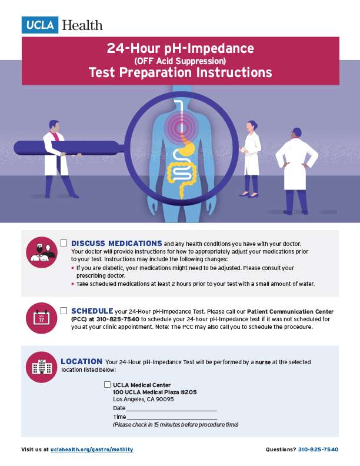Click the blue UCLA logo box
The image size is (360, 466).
[x=39, y=25]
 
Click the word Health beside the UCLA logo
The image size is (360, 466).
[x=82, y=25]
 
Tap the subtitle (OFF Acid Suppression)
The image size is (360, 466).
[x=180, y=60]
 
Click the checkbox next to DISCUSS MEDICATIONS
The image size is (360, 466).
[x=64, y=243]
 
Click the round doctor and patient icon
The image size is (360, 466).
[x=41, y=252]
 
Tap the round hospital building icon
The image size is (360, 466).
[x=41, y=368]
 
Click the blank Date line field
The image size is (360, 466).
[x=171, y=408]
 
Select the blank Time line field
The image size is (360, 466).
[x=172, y=417]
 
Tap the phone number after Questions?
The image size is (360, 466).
[x=319, y=450]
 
